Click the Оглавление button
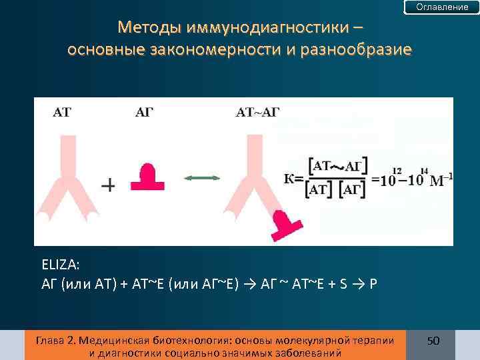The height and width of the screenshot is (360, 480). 442,7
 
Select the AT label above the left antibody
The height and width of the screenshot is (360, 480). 61,112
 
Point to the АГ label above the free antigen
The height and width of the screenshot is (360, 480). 145,112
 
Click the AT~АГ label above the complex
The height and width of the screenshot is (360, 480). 257,112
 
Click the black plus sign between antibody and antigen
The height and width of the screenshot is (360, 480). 108,185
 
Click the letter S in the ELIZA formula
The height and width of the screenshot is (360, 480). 343,283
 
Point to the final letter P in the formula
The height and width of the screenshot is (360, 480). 373,283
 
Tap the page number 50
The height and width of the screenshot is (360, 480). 433,341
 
